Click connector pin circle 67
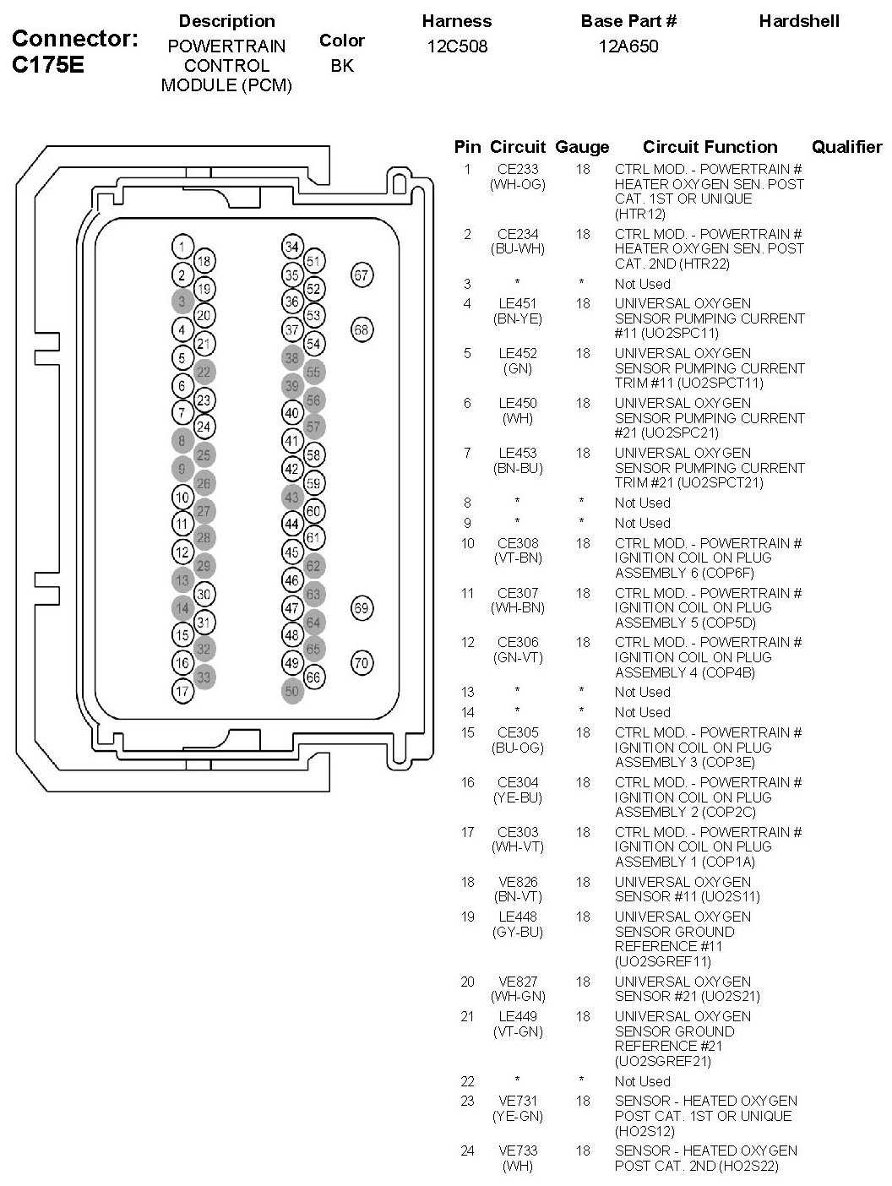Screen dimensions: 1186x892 tap(362, 275)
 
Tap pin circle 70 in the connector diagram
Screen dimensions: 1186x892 tap(362, 663)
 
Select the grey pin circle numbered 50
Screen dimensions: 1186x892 tap(292, 691)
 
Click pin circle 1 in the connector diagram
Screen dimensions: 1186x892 tap(182, 248)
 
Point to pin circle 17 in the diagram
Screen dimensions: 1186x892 tap(182, 691)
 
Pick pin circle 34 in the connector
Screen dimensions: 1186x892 tap(292, 248)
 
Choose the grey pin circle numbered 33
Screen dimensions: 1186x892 tap(204, 677)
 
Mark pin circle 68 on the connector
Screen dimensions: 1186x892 tap(362, 329)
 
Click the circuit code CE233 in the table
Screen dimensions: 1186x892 tap(518, 169)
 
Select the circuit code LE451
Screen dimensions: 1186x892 tap(518, 303)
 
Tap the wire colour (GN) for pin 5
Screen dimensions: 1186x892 tap(518, 368)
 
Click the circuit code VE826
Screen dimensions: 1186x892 tap(518, 882)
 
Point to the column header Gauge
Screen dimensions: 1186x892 tap(582, 147)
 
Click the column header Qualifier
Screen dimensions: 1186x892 tap(846, 147)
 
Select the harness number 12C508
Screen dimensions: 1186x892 tap(457, 46)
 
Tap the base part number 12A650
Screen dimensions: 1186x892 tap(628, 46)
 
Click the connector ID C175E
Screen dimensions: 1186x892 tap(48, 65)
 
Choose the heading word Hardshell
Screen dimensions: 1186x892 tap(799, 21)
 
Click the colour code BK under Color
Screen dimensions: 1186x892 tap(342, 65)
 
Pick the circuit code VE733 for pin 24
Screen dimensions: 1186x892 tap(518, 1151)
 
